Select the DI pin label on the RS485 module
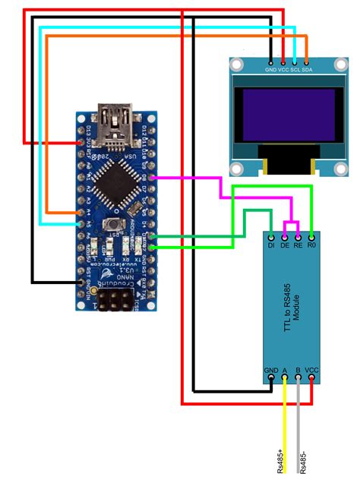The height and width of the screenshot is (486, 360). tap(271, 246)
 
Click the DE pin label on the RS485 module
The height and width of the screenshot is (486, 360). tap(285, 246)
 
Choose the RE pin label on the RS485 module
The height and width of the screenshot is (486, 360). tap(298, 246)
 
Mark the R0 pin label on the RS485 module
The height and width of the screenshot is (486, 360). tap(311, 246)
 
